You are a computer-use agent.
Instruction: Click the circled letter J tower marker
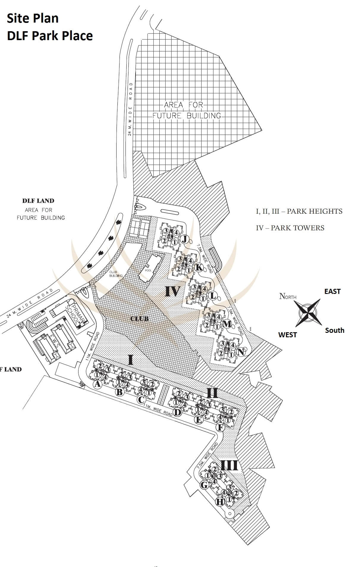pos(185,239)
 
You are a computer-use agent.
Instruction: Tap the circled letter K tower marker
pos(199,267)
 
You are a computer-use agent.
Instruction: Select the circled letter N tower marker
pos(240,352)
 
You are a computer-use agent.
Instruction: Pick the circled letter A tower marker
pos(97,384)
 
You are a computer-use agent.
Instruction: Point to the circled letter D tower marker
pos(177,412)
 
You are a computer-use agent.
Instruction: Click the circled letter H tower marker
pos(219,502)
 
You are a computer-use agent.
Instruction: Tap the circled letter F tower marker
pos(220,428)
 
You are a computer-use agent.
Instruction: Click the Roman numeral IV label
pos(172,292)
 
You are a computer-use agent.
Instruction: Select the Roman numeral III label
pos(229,465)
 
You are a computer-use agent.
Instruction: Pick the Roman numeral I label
pos(130,360)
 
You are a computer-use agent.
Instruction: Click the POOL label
pos(148,270)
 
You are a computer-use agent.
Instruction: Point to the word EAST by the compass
pos(332,292)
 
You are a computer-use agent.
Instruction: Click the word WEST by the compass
pos(287,335)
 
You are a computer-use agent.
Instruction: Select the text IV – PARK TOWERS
pos(290,228)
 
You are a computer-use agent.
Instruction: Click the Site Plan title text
pos(33,18)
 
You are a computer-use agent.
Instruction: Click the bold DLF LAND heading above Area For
pos(38,201)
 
